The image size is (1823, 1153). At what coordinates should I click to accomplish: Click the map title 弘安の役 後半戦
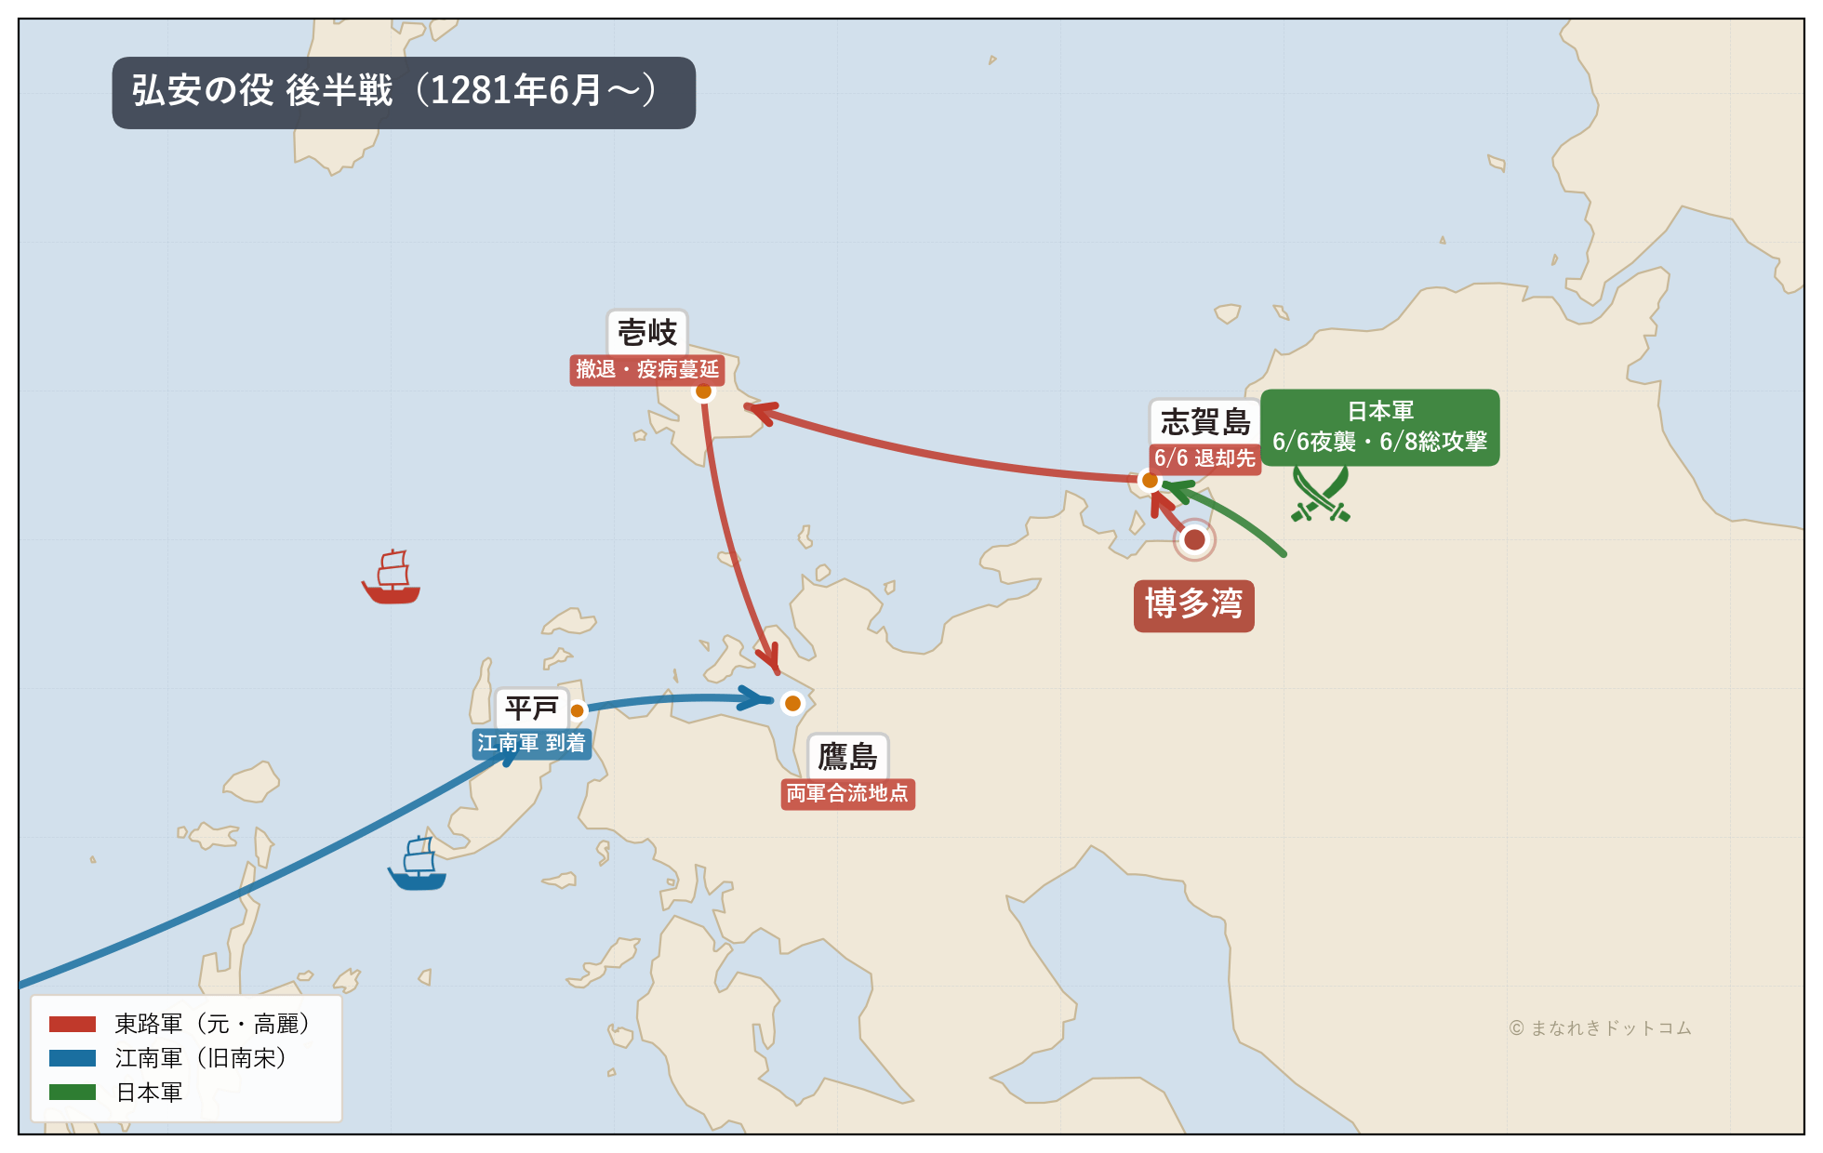pyautogui.click(x=403, y=92)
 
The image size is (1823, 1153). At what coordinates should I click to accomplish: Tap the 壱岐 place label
pyautogui.click(x=647, y=332)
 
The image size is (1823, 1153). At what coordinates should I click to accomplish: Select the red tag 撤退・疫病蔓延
pyautogui.click(x=647, y=370)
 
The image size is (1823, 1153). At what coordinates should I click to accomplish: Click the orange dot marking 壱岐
pyautogui.click(x=704, y=391)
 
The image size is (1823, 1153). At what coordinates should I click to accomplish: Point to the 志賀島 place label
pyautogui.click(x=1204, y=422)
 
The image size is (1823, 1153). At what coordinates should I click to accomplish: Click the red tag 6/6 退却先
pyautogui.click(x=1204, y=458)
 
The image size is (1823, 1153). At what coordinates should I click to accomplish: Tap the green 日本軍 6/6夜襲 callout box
pyautogui.click(x=1379, y=428)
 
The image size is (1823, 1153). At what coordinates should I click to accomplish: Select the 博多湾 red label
pyautogui.click(x=1193, y=605)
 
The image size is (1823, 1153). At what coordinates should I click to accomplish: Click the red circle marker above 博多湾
pyautogui.click(x=1195, y=539)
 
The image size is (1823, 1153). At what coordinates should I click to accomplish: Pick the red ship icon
pyautogui.click(x=392, y=578)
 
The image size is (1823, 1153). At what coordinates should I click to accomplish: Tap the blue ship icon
pyautogui.click(x=418, y=865)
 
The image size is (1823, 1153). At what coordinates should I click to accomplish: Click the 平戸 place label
pyautogui.click(x=531, y=709)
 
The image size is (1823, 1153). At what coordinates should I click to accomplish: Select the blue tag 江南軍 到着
pyautogui.click(x=531, y=744)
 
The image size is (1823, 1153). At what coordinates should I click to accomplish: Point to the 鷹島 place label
pyautogui.click(x=847, y=756)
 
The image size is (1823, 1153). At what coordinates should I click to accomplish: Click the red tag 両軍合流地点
pyautogui.click(x=847, y=794)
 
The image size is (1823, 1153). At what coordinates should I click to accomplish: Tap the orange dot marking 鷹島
pyautogui.click(x=792, y=704)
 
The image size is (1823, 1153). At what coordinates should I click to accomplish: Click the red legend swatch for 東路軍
pyautogui.click(x=73, y=1025)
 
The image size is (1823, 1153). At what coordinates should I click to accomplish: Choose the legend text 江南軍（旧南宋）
pyautogui.click(x=202, y=1058)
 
